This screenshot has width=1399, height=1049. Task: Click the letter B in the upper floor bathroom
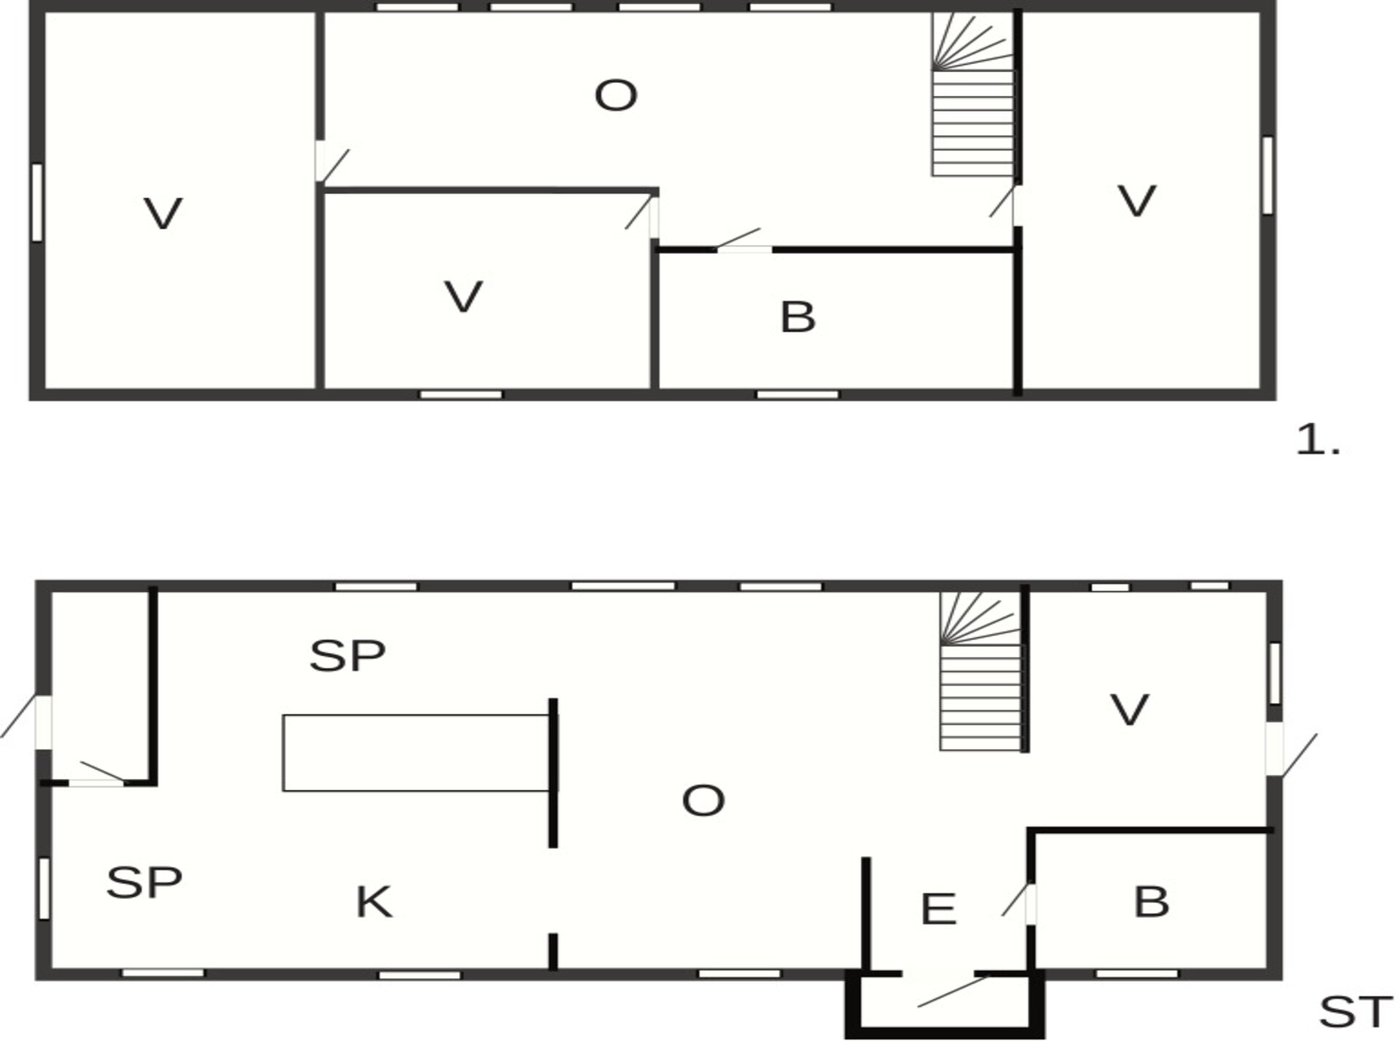click(x=798, y=318)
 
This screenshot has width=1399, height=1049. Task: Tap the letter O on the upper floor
click(x=616, y=95)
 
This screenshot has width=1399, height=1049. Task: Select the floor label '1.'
click(x=1318, y=441)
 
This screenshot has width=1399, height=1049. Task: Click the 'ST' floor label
click(x=1355, y=1012)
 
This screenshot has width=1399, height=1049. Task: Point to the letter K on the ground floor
click(x=374, y=902)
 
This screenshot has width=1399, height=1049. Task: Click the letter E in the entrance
click(x=938, y=909)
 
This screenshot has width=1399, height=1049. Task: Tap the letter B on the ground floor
click(x=1151, y=902)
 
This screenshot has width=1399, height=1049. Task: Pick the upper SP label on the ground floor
click(x=348, y=656)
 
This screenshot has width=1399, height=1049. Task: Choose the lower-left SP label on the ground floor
click(x=144, y=883)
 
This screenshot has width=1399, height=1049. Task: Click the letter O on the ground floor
click(x=703, y=801)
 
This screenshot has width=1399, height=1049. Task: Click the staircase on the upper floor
click(x=973, y=94)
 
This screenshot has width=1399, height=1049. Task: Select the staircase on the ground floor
click(x=981, y=671)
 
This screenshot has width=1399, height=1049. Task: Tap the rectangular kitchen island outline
click(x=416, y=753)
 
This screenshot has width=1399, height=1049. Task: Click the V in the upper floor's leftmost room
click(x=162, y=213)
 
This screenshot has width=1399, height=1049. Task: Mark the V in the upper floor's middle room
click(x=463, y=296)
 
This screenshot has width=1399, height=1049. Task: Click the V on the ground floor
click(x=1129, y=710)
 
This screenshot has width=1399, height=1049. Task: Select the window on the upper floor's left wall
click(x=37, y=202)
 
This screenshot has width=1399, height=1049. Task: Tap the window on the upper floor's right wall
click(x=1268, y=175)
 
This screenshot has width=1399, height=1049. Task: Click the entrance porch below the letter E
click(x=944, y=1005)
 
